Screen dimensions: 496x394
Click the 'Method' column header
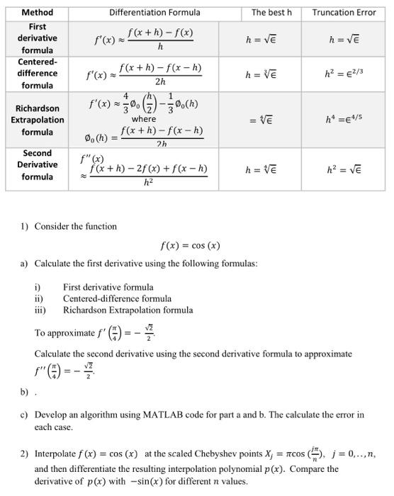pos(37,12)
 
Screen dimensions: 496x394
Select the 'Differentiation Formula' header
pos(154,12)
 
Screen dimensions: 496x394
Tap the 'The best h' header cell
pos(271,12)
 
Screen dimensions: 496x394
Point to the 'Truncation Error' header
pos(344,12)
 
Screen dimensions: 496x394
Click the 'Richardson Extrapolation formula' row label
pos(37,120)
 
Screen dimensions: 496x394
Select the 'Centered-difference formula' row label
pos(37,74)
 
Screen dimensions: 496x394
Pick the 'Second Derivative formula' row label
pos(37,164)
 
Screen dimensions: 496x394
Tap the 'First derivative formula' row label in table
pos(37,38)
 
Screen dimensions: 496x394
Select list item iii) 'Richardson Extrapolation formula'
pos(128,310)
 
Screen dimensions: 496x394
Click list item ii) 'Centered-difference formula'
pos(117,299)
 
